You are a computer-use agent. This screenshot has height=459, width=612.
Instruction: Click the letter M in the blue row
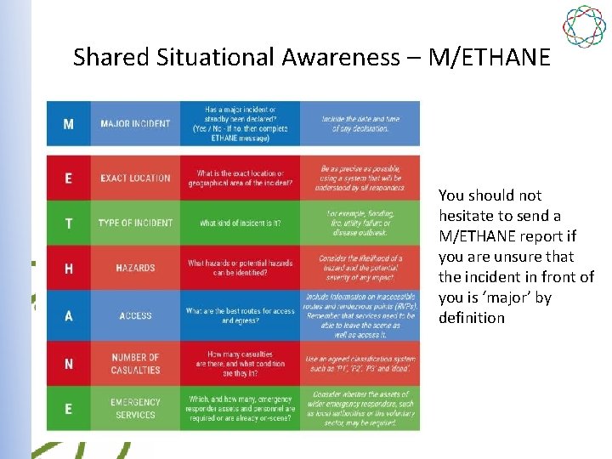[69, 124]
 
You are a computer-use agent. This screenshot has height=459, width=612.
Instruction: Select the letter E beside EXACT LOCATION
[69, 178]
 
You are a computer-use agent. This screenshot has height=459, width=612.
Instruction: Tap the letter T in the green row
[69, 224]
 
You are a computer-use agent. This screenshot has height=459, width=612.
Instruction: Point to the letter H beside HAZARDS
[69, 269]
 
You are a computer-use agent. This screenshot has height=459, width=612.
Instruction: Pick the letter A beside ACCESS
[69, 315]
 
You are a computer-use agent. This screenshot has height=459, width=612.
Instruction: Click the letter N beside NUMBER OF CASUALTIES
[69, 364]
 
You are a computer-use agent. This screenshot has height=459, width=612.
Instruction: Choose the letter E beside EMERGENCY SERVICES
[69, 409]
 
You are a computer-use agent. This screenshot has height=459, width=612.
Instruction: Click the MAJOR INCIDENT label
[135, 124]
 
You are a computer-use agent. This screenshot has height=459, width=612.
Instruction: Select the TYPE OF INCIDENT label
[135, 224]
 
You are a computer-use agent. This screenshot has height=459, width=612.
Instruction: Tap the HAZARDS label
[135, 269]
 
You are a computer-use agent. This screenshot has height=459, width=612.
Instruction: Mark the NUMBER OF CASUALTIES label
[135, 364]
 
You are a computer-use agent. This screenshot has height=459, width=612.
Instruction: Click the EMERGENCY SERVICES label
[135, 409]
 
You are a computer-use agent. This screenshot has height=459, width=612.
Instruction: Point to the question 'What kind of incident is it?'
[240, 224]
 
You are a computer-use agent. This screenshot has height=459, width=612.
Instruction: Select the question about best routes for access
[240, 315]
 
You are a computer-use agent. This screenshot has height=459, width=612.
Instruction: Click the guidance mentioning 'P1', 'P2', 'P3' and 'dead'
[359, 364]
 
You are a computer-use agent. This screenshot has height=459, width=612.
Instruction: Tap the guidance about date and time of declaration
[359, 124]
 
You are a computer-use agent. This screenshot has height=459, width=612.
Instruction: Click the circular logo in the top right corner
[585, 26]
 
